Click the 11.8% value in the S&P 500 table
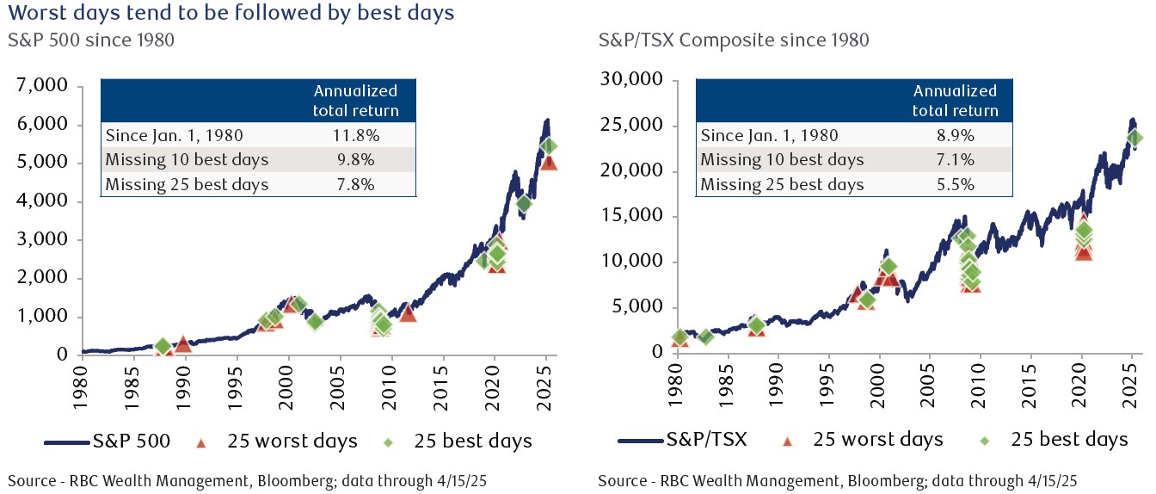pyautogui.click(x=354, y=134)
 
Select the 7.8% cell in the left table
pyautogui.click(x=354, y=184)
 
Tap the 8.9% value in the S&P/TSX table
pyautogui.click(x=955, y=135)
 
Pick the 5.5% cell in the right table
pyautogui.click(x=955, y=184)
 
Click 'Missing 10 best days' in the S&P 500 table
pyautogui.click(x=187, y=159)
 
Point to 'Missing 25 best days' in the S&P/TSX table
pyautogui.click(x=783, y=184)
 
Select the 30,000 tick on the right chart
pyautogui.click(x=631, y=80)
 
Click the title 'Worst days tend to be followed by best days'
pyautogui.click(x=231, y=13)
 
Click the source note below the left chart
pyautogui.click(x=241, y=479)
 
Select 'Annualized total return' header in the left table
pyautogui.click(x=354, y=100)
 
